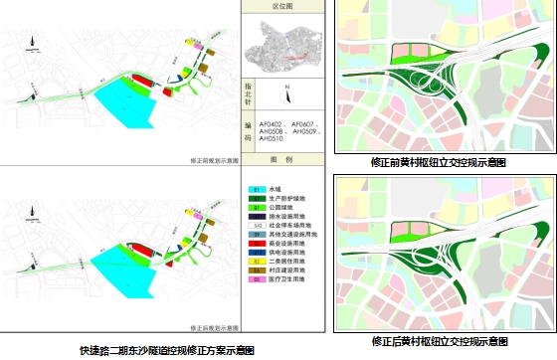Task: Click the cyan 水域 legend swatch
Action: (x=256, y=189)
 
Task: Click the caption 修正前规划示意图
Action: (x=211, y=159)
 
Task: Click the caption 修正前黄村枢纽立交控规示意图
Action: (x=438, y=161)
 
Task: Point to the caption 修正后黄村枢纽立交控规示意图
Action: (x=438, y=341)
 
